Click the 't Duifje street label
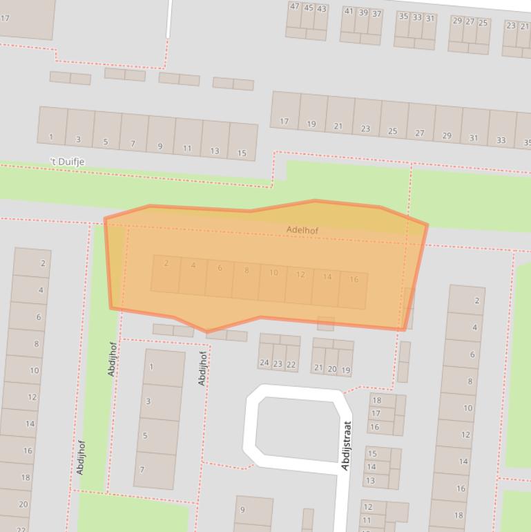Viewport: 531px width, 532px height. pos(66,162)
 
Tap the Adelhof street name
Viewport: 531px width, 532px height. pos(302,229)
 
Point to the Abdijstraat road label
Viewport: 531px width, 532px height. pos(347,446)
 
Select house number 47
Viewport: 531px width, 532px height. pos(295,7)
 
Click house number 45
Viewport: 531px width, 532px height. pos(309,8)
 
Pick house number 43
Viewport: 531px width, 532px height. pos(321,9)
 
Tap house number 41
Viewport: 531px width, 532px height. pos(349,11)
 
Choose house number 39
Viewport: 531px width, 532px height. pos(363,12)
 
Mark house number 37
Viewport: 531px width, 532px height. pos(376,14)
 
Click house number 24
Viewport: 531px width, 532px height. pos(264,363)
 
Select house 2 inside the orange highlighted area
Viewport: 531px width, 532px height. pos(166,263)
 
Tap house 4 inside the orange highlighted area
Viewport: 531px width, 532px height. pos(193,265)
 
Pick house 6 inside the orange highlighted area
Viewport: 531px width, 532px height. pos(220,268)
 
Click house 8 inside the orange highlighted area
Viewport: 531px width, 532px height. pos(247,270)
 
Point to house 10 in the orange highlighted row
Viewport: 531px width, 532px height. pos(273,273)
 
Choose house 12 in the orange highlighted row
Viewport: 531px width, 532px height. pos(300,275)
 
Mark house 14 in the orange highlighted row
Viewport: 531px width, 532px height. pos(327,277)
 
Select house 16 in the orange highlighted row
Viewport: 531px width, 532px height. pos(354,280)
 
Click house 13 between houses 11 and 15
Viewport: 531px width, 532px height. pos(215,151)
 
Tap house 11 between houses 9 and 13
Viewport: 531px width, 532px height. pos(187,149)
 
